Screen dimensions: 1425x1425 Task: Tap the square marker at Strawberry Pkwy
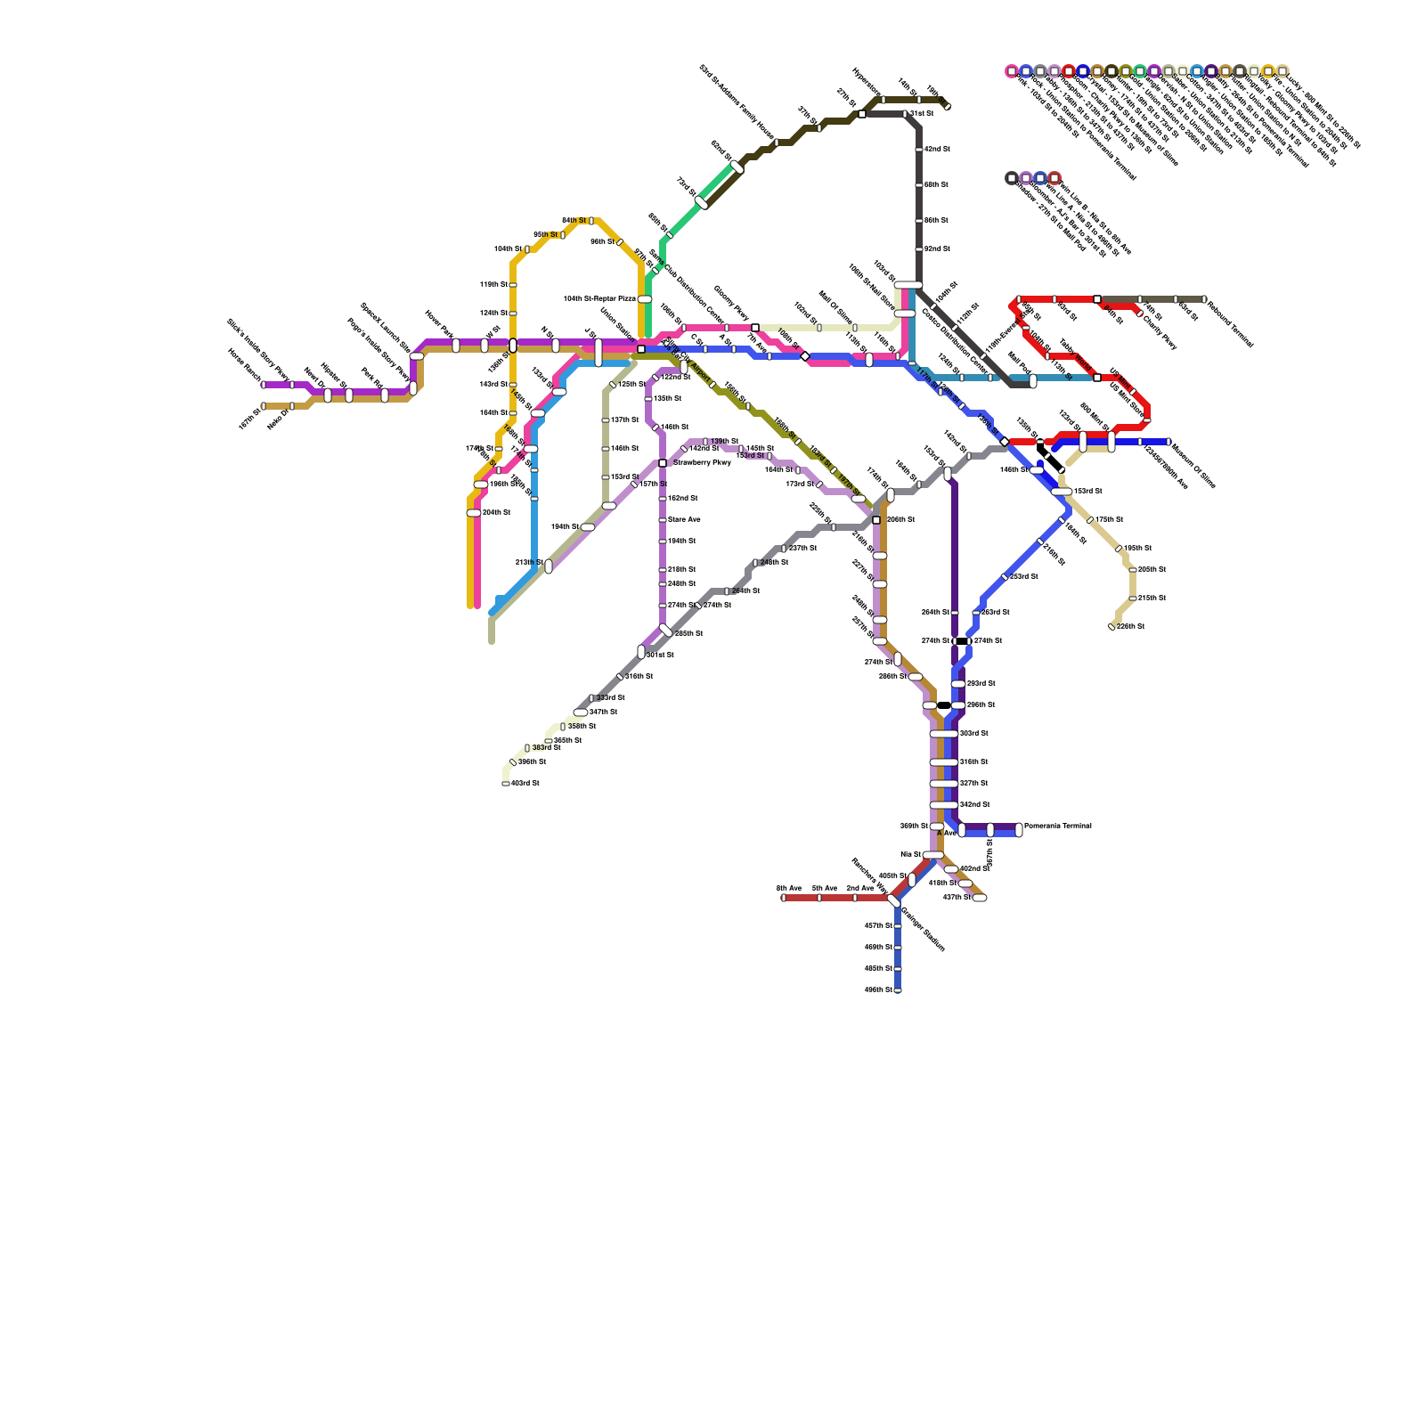663,463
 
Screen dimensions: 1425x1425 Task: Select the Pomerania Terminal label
1058,826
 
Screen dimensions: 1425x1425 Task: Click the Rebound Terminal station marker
1204,299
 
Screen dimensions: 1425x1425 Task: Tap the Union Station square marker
641,349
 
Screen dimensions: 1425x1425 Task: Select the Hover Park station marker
456,346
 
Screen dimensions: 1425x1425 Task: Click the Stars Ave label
684,520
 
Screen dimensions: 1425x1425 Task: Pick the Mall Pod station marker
1033,381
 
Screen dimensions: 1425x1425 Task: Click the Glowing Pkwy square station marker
755,328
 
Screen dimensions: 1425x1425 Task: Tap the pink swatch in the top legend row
1012,71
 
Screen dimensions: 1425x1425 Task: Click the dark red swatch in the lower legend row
1054,178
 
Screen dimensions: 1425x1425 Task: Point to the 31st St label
922,114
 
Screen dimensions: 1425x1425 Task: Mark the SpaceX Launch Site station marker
417,356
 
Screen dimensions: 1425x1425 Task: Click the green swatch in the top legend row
1140,71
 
